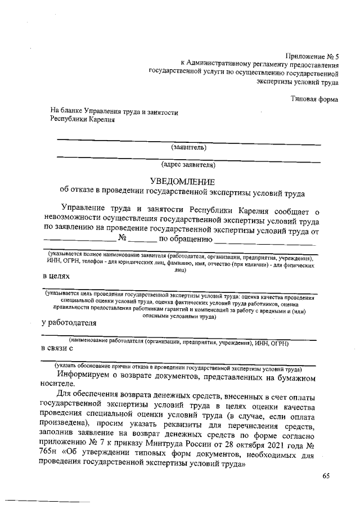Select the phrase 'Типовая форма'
[x=314, y=100]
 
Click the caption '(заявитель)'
[x=189, y=148]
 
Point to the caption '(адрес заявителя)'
[x=188, y=165]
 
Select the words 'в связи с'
[x=58, y=349]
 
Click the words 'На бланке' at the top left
[x=67, y=112]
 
